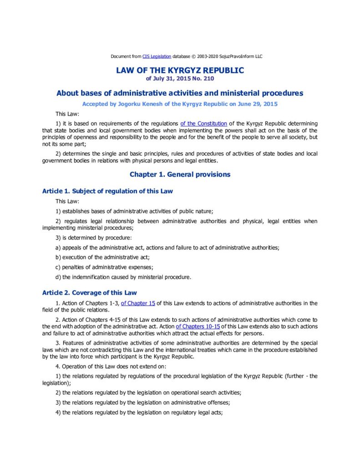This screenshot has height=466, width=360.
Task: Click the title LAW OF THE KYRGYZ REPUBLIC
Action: (x=180, y=71)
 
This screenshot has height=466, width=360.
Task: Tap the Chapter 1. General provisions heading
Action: (x=180, y=174)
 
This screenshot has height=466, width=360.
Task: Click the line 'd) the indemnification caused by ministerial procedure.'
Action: (x=123, y=277)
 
